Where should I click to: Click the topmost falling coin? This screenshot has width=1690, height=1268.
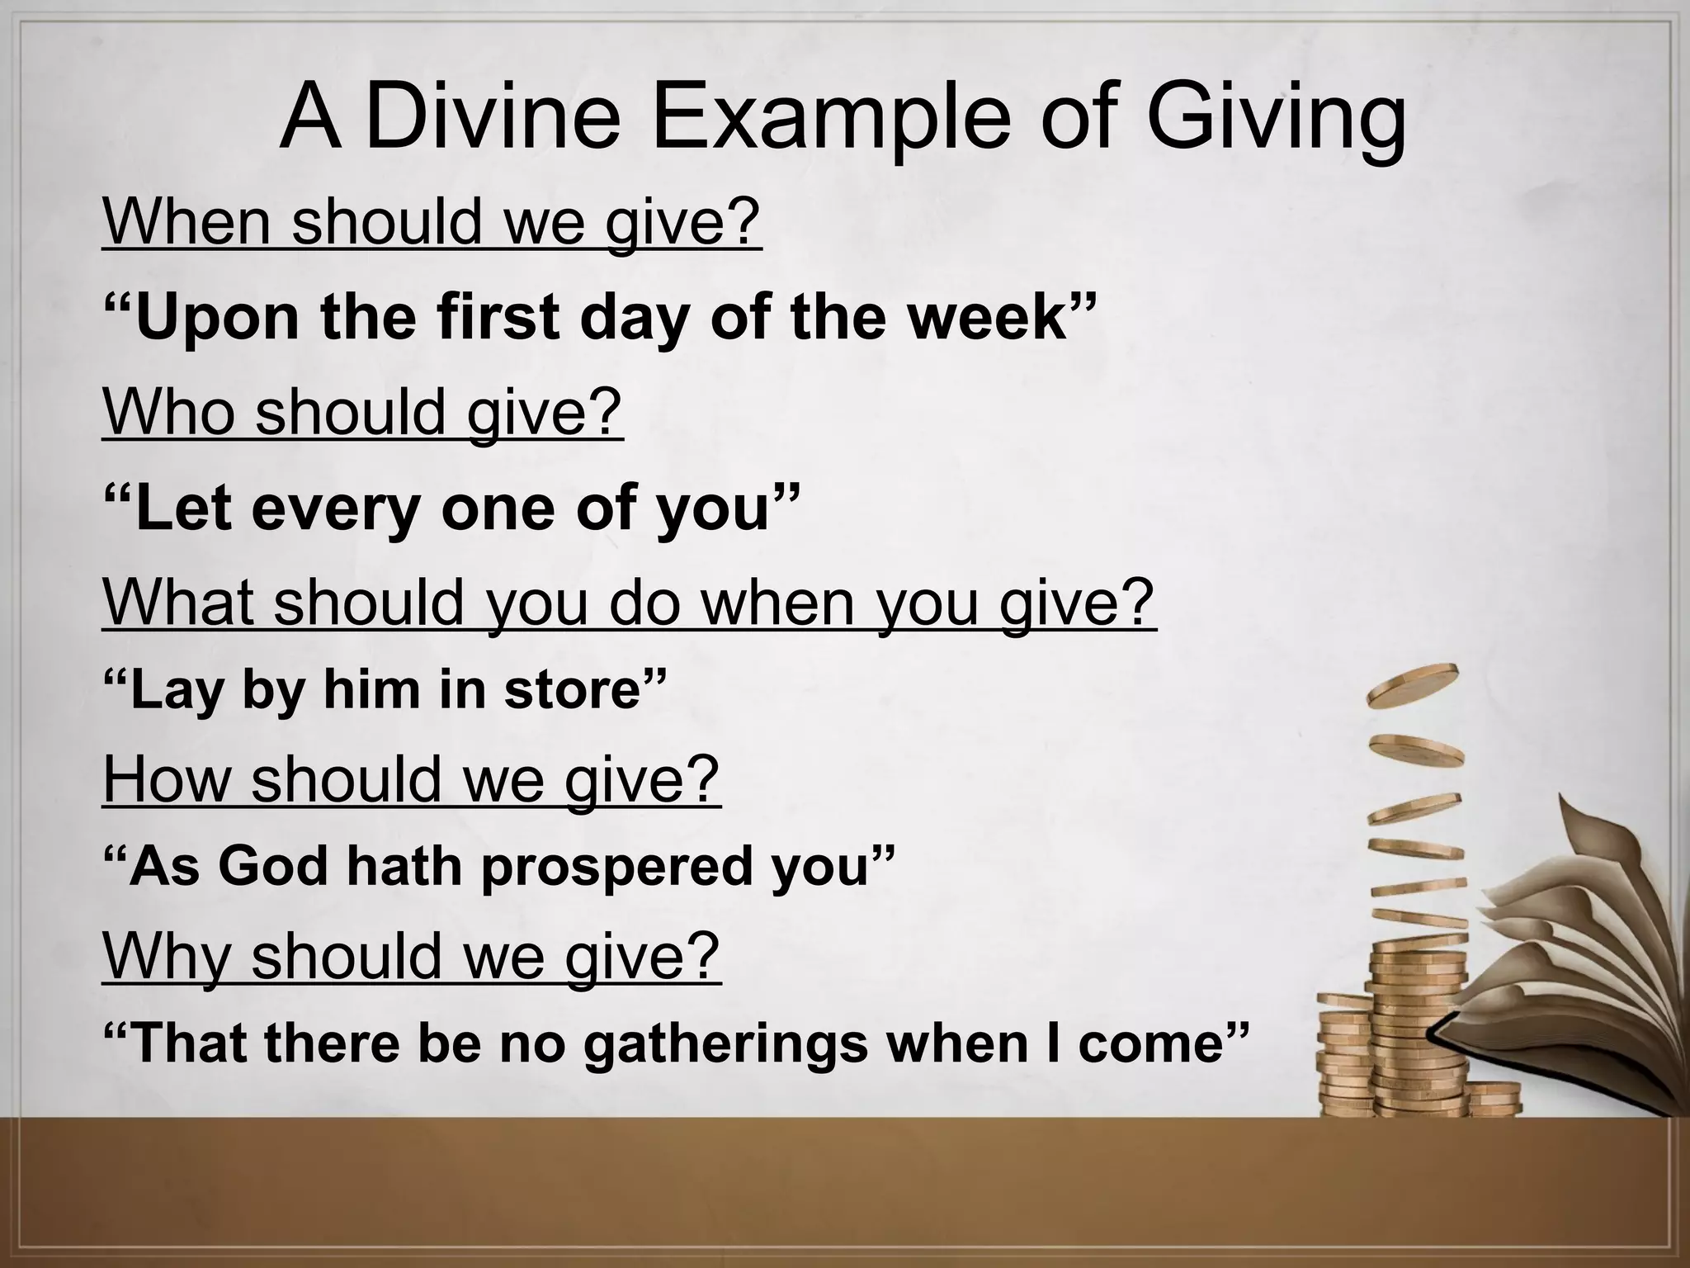[x=1413, y=685]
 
